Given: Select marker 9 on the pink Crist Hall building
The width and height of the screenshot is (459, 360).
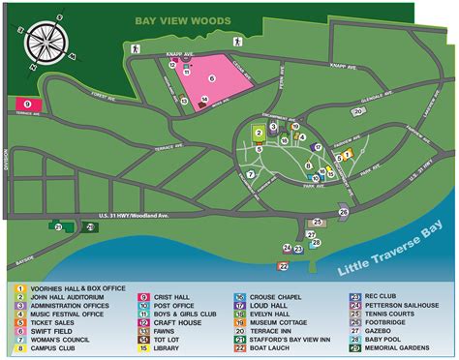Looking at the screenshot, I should [27, 103].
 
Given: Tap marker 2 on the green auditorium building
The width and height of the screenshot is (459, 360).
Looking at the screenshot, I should [259, 133].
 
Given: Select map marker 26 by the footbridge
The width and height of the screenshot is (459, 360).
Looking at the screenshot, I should [343, 212].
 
